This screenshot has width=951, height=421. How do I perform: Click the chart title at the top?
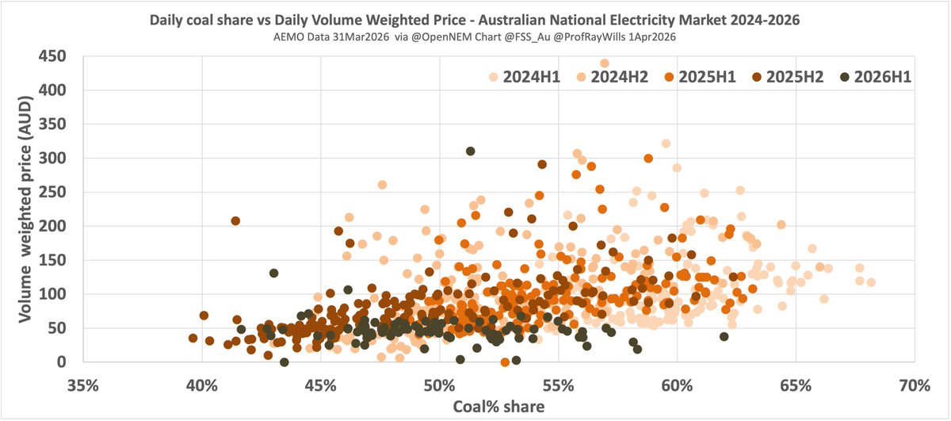point(475,17)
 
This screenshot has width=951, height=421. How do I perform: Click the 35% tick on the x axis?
point(83,385)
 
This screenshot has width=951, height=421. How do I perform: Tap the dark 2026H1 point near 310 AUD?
point(471,151)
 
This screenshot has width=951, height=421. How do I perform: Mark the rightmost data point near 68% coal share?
point(871,282)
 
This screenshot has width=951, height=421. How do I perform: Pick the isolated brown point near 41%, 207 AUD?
point(235,221)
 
